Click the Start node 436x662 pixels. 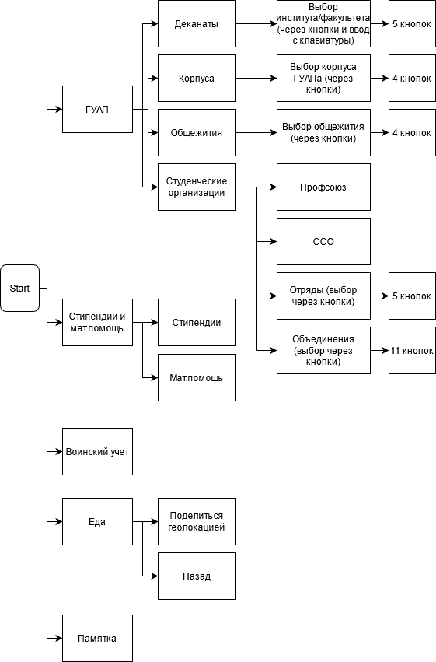coord(20,289)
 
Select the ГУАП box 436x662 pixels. coord(97,110)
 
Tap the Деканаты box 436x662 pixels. coord(197,23)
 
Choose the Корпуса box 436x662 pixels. coord(197,78)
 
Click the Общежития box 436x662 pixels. coord(197,132)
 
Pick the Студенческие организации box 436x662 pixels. coord(197,187)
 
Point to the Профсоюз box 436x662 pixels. coord(323,187)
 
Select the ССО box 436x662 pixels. coord(323,241)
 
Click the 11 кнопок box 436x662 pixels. coord(412,350)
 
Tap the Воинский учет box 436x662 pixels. coord(97,452)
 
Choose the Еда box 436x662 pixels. coord(97,522)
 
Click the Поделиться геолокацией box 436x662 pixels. coord(197,522)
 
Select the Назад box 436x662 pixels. coord(197,576)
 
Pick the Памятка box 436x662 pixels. coord(97,639)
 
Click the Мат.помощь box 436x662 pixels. coord(197,378)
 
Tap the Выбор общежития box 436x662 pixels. coord(323,132)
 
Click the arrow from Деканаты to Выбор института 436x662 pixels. coord(256,23)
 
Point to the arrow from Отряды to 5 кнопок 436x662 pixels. coord(379,296)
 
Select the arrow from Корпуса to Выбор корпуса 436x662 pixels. coord(256,78)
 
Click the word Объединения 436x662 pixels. coord(323,339)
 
